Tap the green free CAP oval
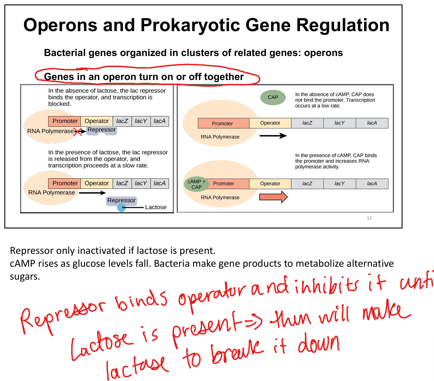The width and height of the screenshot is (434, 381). point(272,97)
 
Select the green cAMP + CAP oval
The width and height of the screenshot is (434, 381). point(196,184)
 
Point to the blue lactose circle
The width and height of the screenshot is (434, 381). point(121,207)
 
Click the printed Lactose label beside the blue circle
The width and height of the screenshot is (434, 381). point(155,207)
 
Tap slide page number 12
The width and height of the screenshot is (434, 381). point(369,218)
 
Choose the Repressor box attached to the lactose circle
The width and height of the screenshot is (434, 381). point(121,201)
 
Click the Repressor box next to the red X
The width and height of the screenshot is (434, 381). point(101,130)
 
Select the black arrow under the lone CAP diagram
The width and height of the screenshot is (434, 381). point(273,135)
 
